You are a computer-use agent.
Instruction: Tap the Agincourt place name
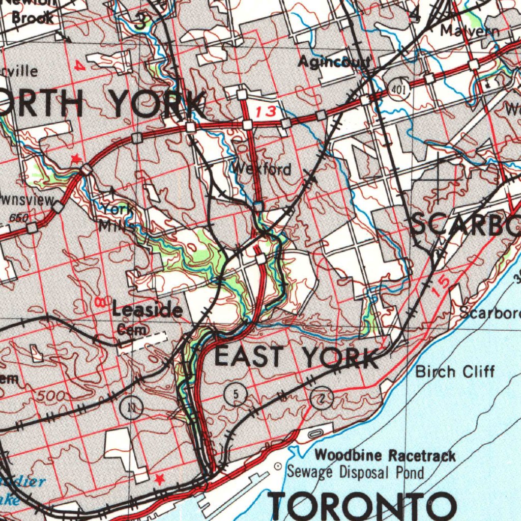pos(334,63)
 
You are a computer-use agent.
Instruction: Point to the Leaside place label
pos(147,309)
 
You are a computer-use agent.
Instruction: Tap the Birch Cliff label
pos(455,371)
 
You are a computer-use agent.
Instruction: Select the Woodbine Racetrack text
pos(385,455)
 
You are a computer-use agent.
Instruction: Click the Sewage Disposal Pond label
pos(355,472)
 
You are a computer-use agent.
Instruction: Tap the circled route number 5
pos(235,393)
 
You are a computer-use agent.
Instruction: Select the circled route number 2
pos(322,398)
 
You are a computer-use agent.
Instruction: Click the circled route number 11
pos(132,407)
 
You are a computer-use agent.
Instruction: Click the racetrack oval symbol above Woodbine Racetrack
pos(315,433)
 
